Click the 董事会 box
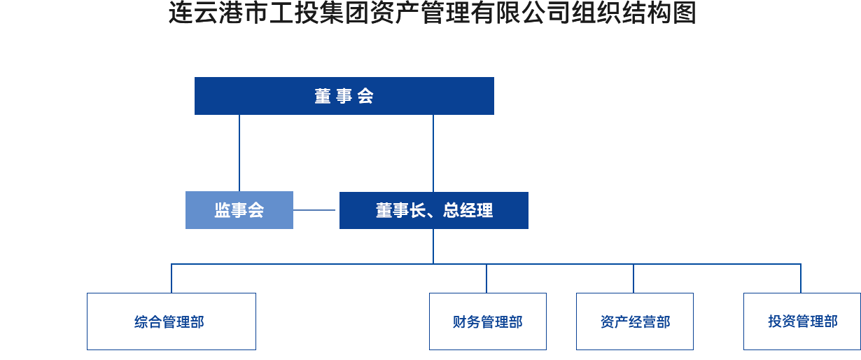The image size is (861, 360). (344, 96)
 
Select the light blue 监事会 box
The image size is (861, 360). (239, 209)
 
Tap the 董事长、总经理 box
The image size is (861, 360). (433, 209)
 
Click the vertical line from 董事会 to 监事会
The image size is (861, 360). (239, 153)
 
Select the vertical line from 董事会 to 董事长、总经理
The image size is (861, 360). (433, 153)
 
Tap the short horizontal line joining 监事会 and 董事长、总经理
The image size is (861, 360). (316, 209)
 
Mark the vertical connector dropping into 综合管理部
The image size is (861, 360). (171, 277)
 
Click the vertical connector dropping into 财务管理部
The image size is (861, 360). (486, 277)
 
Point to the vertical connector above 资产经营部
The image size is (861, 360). (633, 277)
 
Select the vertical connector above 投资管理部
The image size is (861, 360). (801, 277)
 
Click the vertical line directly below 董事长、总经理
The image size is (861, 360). (433, 245)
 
